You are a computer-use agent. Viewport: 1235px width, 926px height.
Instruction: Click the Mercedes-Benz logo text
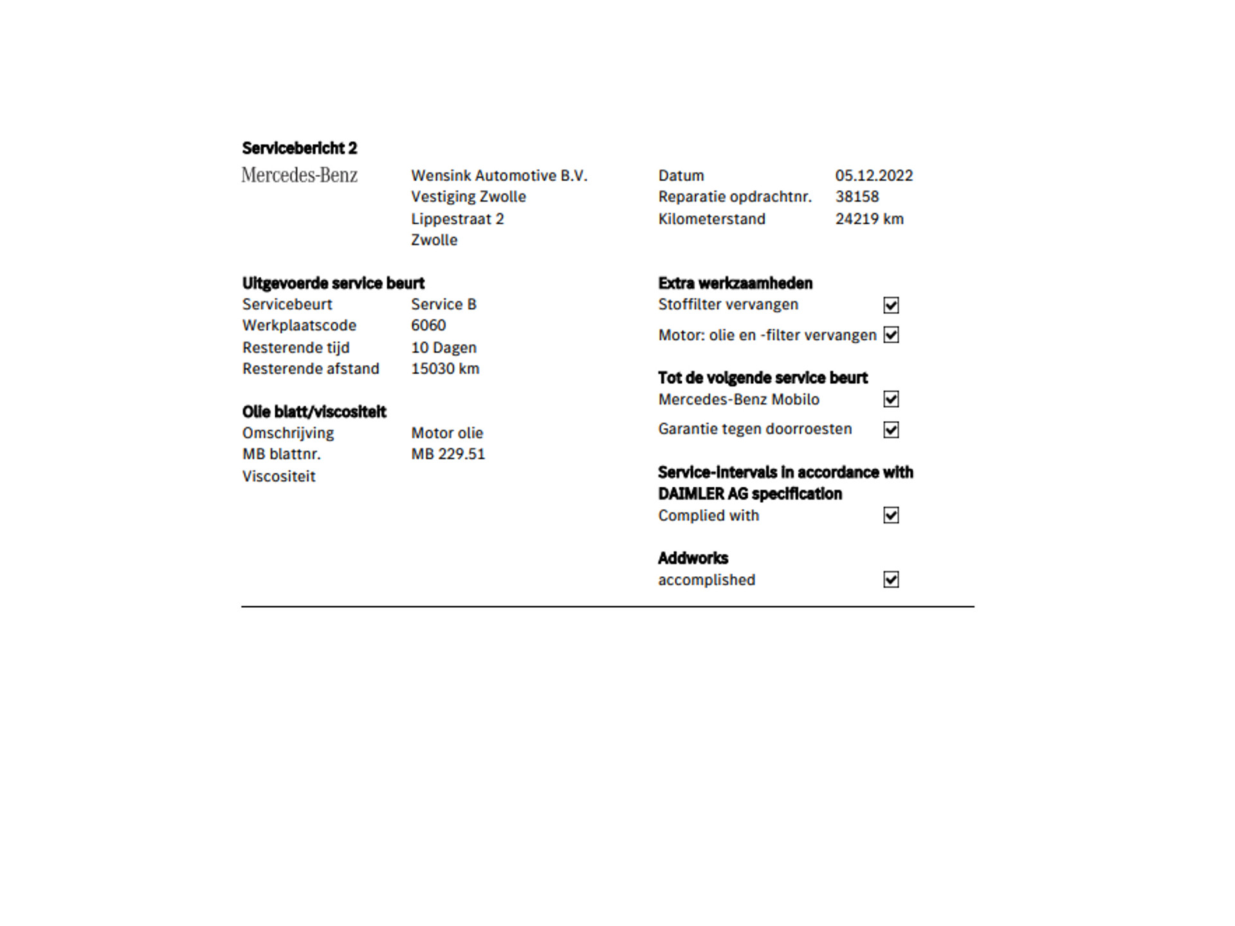(x=299, y=175)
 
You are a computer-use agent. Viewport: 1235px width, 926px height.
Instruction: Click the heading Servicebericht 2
(x=299, y=148)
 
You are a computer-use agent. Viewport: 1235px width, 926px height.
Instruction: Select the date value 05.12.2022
(x=874, y=176)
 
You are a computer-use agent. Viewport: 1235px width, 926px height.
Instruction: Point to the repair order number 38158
(x=857, y=197)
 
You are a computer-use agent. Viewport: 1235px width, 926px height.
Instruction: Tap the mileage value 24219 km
(x=869, y=219)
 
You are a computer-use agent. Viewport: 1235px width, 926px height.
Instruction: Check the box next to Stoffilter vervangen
(x=891, y=305)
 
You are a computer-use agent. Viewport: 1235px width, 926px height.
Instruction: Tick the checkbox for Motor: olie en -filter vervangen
(x=891, y=335)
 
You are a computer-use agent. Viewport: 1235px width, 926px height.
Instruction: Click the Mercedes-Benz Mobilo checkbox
(x=891, y=399)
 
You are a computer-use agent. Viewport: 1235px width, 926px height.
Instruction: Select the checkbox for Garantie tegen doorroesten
(x=891, y=430)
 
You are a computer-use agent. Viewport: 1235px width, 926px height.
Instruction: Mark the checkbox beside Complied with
(x=891, y=515)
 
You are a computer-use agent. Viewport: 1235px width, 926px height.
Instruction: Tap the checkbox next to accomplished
(x=891, y=579)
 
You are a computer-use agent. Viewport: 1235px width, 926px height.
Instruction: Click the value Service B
(x=444, y=304)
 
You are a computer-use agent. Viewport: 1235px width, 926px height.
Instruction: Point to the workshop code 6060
(x=428, y=325)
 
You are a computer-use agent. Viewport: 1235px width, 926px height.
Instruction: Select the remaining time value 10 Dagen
(x=444, y=347)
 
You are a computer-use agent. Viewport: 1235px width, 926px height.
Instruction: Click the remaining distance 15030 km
(x=445, y=368)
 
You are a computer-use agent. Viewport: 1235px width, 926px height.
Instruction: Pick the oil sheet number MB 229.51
(x=448, y=454)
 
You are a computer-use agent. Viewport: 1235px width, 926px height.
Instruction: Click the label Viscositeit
(x=279, y=477)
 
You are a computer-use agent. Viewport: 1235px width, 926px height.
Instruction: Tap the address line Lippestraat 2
(x=457, y=219)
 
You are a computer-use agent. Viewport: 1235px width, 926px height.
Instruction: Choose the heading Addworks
(x=693, y=558)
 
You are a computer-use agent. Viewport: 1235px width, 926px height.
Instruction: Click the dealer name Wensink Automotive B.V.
(x=499, y=176)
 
